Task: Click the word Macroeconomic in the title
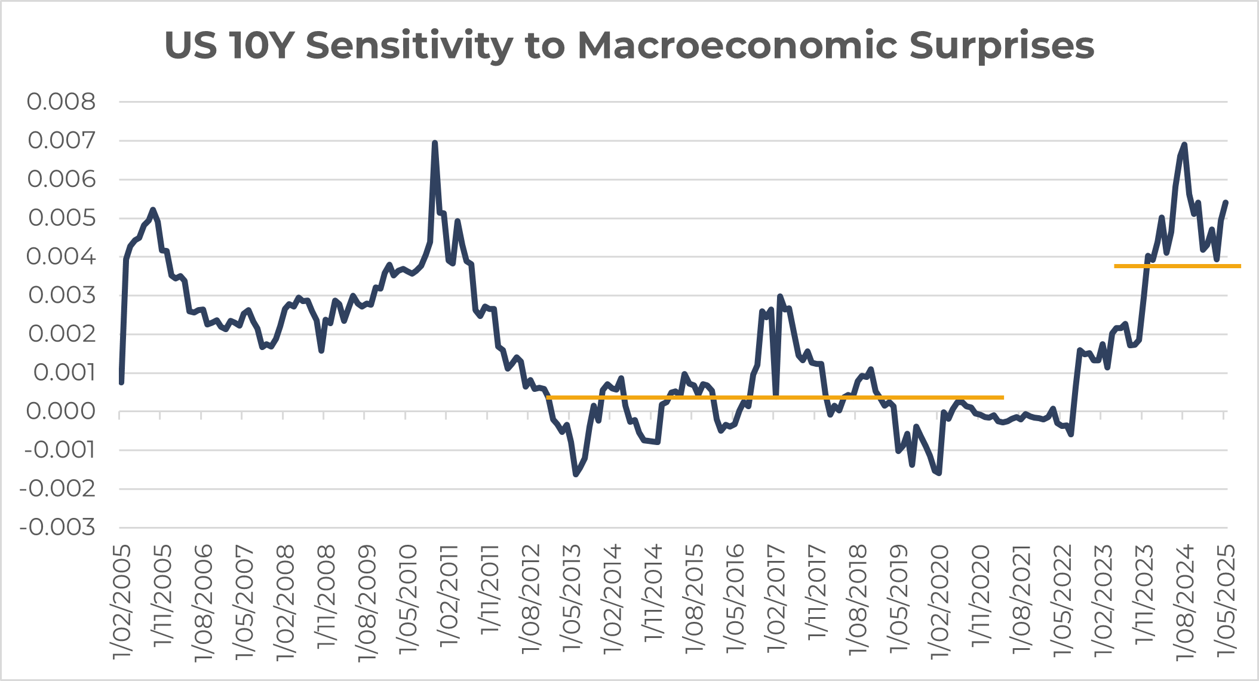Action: tap(737, 45)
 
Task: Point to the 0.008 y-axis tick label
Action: tap(61, 102)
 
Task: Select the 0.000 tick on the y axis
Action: tap(61, 412)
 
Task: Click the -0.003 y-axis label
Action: tap(57, 527)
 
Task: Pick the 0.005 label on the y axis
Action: tap(61, 218)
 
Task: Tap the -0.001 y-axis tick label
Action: tap(59, 450)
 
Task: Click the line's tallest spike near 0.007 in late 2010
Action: tap(434, 143)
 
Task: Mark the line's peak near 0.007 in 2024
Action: tap(1184, 145)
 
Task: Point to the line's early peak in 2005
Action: tap(153, 210)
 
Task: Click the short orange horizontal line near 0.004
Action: tap(1177, 266)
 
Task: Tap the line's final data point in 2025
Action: tap(1226, 203)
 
